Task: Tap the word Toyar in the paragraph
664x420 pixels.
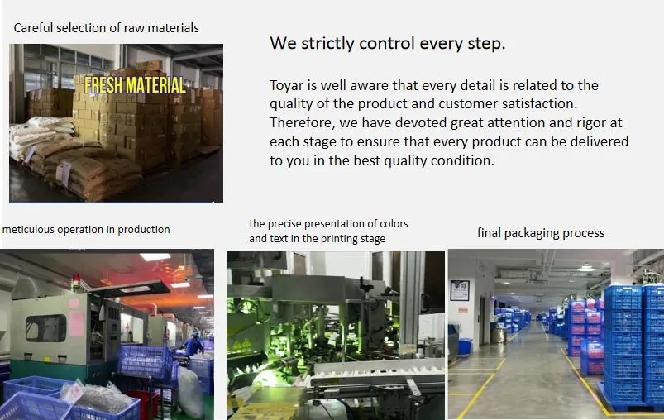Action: pyautogui.click(x=287, y=85)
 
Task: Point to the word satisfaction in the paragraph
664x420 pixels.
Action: pyautogui.click(x=537, y=103)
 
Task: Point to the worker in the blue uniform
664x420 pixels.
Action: pyautogui.click(x=193, y=345)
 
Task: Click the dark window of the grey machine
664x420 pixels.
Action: pyautogui.click(x=45, y=328)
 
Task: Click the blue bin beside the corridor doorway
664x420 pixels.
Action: pyautogui.click(x=466, y=346)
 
